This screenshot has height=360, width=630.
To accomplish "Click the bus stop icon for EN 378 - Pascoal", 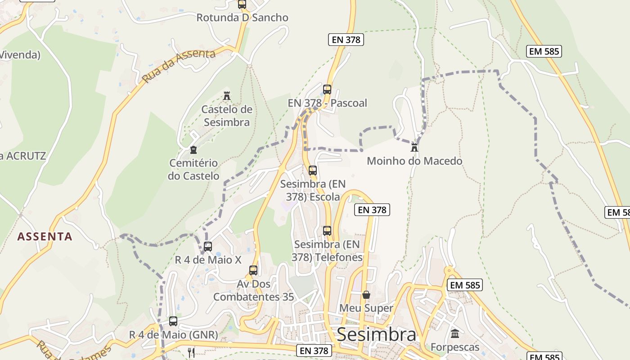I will tap(327, 89).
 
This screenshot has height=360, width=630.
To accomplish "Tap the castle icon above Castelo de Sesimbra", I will tap(227, 96).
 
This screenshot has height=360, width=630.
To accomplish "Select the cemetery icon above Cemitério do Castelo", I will tap(193, 149).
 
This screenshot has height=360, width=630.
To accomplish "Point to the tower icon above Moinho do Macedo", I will tap(414, 147).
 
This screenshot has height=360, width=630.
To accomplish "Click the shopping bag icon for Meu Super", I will tap(366, 295).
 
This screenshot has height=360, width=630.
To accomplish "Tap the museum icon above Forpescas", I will tap(455, 334).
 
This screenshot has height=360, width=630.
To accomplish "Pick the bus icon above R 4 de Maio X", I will tap(207, 247).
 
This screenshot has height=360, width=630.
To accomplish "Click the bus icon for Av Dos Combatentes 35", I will tap(253, 270).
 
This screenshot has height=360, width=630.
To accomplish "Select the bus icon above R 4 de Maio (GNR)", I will tap(173, 321).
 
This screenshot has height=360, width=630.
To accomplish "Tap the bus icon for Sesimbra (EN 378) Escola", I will tap(313, 171).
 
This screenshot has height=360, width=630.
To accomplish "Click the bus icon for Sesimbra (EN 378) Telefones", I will tap(327, 231).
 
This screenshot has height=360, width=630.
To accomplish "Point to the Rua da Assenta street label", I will tap(179, 66).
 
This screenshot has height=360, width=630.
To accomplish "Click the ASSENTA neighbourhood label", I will tap(45, 237).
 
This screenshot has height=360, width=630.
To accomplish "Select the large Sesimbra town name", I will tap(376, 335).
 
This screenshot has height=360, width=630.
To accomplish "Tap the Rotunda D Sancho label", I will tap(242, 18).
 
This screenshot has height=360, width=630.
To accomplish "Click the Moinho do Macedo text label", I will tap(414, 161).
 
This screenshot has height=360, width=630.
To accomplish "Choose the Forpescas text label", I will tap(455, 347).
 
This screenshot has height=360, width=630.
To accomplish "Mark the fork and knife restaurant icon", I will tap(191, 352).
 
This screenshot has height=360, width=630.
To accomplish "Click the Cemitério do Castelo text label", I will tap(193, 169).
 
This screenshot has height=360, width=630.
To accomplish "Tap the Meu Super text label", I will tap(366, 308).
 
